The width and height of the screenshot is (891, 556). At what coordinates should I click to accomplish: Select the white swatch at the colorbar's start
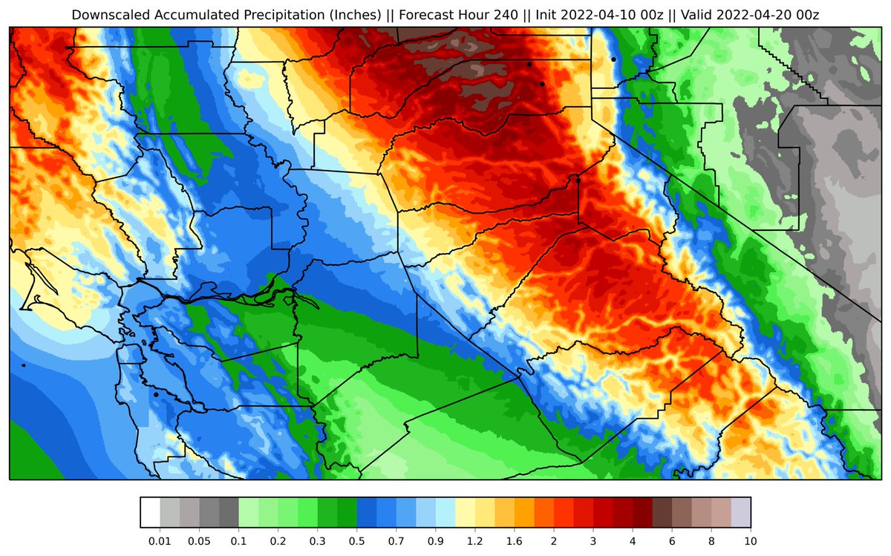(x=150, y=512)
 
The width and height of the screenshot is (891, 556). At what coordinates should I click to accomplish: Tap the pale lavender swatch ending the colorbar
(x=740, y=512)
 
